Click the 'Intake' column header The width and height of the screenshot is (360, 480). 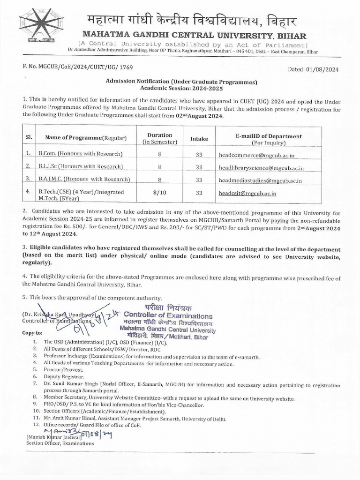[x=199, y=138]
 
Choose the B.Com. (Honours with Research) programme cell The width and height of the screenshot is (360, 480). [x=83, y=154]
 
